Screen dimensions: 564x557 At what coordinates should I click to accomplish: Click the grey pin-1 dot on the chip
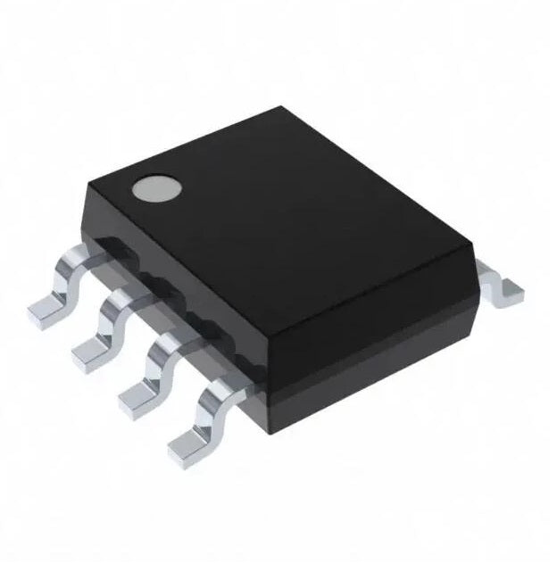coord(153,189)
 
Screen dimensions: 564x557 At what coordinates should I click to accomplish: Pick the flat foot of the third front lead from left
coord(136,394)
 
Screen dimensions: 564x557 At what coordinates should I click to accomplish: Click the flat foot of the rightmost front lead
coord(187,438)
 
